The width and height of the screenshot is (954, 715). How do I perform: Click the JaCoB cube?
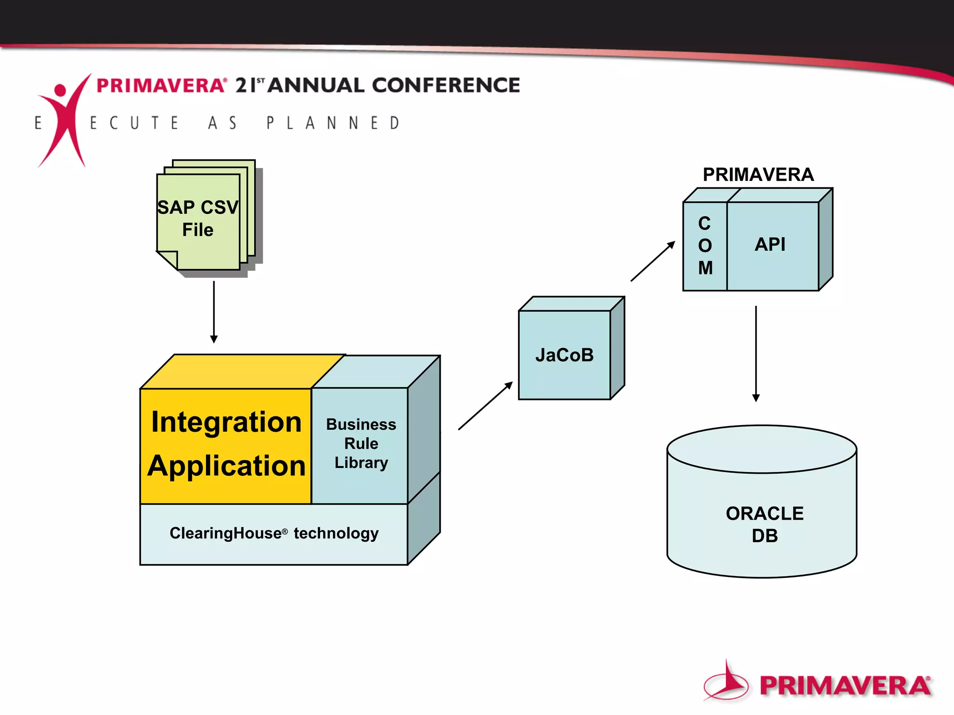click(565, 355)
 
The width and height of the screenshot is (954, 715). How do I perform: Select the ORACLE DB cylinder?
click(762, 513)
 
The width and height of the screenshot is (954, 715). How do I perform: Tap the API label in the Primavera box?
click(770, 244)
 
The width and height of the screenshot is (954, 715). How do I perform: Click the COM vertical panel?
click(705, 246)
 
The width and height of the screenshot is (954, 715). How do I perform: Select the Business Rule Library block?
click(361, 443)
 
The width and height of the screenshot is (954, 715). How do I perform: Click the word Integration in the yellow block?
click(226, 422)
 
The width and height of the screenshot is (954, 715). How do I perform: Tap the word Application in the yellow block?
click(226, 466)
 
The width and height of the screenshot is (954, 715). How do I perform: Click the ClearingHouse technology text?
click(274, 533)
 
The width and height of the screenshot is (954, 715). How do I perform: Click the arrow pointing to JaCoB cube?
click(485, 406)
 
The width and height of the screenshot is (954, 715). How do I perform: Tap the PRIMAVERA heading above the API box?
click(758, 175)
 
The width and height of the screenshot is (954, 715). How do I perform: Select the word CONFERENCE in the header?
click(446, 85)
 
